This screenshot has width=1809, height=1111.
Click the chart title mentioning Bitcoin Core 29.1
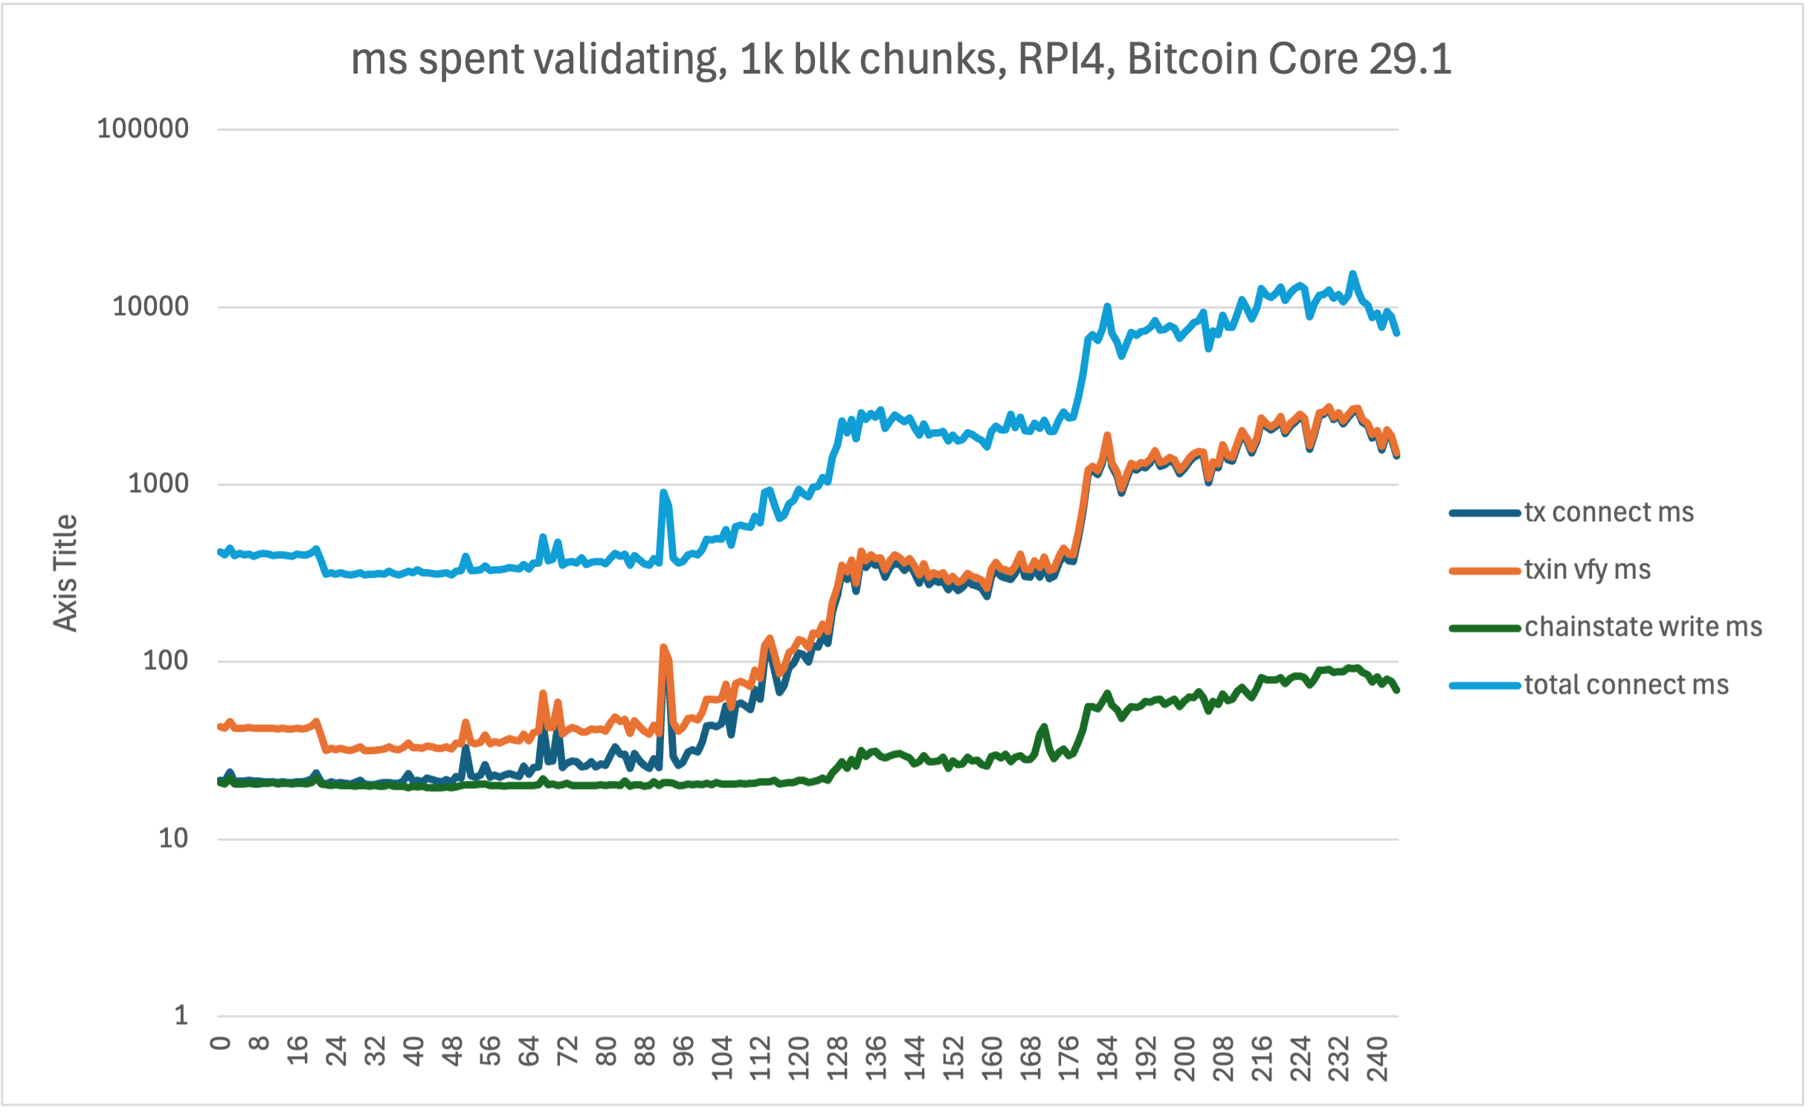pos(900,59)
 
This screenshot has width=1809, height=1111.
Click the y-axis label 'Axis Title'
pos(66,573)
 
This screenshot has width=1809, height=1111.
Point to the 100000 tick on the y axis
pos(143,129)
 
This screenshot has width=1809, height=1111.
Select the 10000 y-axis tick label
pos(150,306)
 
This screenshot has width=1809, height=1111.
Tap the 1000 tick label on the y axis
pos(158,483)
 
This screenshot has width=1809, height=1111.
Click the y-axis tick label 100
pos(166,660)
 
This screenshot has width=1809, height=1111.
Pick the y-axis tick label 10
pos(173,838)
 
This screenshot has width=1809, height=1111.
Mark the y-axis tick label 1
pos(181,1015)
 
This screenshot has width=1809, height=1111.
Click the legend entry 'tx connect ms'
pos(1608,512)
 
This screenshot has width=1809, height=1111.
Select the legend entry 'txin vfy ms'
pos(1587,570)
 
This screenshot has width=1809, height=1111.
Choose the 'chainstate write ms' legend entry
pos(1642,627)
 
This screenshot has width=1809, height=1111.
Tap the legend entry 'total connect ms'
pos(1626,685)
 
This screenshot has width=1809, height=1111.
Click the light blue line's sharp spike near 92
pos(663,492)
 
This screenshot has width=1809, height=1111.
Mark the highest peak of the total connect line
pos(1352,274)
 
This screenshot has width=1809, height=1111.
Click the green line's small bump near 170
pos(1044,727)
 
